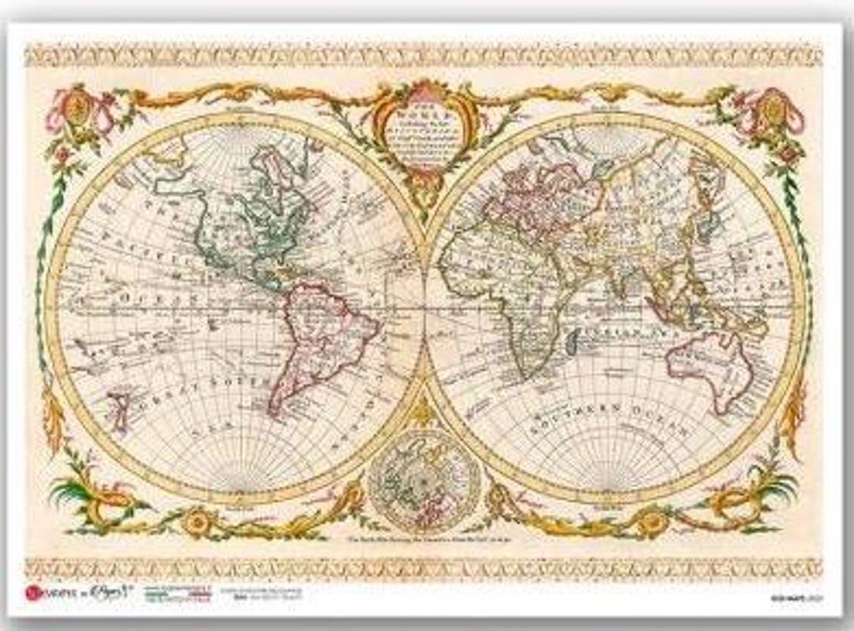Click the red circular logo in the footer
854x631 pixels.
(32, 593)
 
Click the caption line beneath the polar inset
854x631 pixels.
(425, 540)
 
